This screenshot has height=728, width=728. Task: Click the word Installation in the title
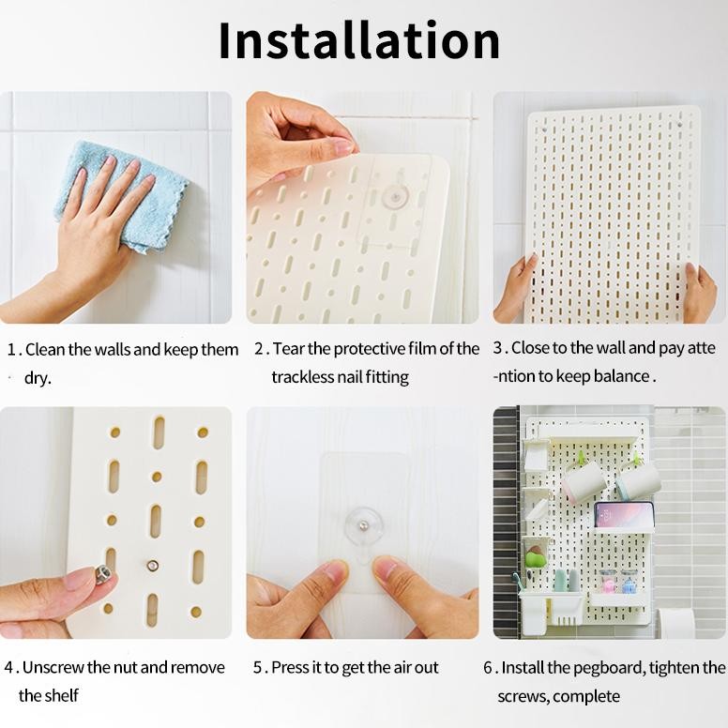pos(359,40)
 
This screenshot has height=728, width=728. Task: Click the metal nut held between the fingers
pos(102,574)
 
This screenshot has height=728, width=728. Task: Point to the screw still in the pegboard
pos(152,565)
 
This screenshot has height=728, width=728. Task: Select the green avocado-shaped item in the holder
pos(535,558)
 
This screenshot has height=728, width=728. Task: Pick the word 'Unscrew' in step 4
pos(53,667)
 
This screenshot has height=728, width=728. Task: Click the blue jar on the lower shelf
pos(628,583)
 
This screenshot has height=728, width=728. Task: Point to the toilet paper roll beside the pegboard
pos(677,622)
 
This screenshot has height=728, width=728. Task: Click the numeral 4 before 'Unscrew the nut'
pos(8,668)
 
